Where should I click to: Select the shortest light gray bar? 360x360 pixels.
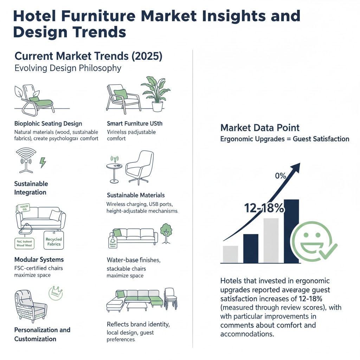click(x=230, y=254)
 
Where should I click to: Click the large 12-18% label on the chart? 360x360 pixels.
click(x=264, y=208)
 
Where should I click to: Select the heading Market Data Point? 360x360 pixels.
click(x=260, y=128)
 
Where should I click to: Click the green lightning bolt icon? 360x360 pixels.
click(x=43, y=162)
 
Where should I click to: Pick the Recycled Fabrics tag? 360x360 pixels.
click(x=54, y=242)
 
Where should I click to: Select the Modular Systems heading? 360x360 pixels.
click(x=39, y=260)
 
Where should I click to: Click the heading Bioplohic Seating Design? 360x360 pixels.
click(x=48, y=124)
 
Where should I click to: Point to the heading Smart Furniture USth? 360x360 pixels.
click(x=134, y=124)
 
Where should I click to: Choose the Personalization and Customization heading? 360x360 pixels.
click(x=42, y=334)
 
